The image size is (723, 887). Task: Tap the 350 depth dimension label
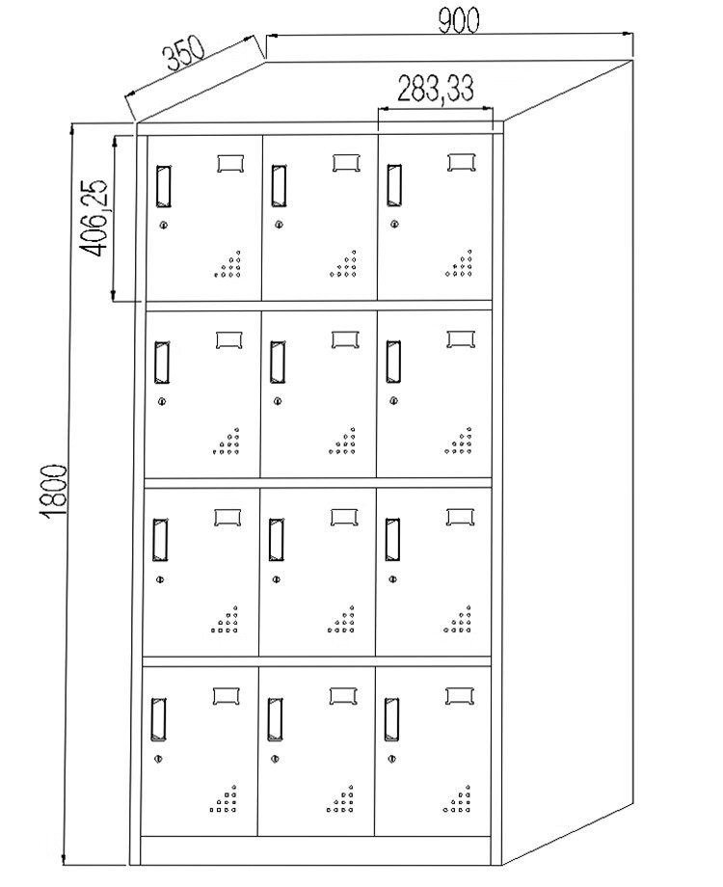coord(182,58)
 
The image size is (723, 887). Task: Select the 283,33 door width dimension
coord(435,89)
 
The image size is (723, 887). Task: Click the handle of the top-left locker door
coord(163,186)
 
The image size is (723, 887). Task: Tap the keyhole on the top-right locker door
coord(394,226)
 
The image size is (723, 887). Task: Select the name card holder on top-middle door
coord(346,162)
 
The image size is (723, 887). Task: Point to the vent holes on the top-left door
coord(228,265)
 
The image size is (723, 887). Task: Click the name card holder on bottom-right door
coord(459,694)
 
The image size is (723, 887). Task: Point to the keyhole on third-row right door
coord(392,579)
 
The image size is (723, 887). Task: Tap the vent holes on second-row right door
coord(459,442)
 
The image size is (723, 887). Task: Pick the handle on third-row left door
coord(161,540)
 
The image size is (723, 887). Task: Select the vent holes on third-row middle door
coord(341,619)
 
